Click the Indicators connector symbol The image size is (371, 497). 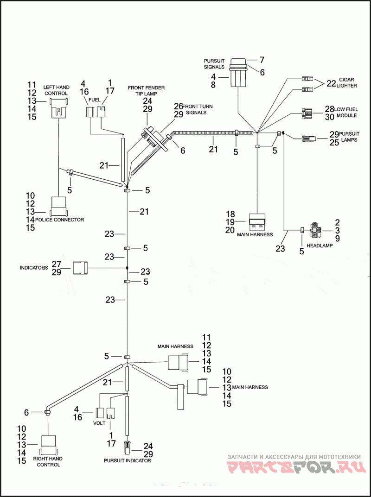(79, 268)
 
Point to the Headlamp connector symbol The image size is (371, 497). (317, 230)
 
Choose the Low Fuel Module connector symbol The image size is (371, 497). (306, 112)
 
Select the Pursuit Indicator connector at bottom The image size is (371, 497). (127, 447)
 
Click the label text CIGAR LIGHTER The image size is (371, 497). (348, 82)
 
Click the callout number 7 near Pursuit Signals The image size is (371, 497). (262, 60)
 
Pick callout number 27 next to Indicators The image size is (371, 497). (57, 264)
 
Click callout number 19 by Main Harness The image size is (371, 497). (231, 222)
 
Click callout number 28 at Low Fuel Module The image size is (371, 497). (329, 109)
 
